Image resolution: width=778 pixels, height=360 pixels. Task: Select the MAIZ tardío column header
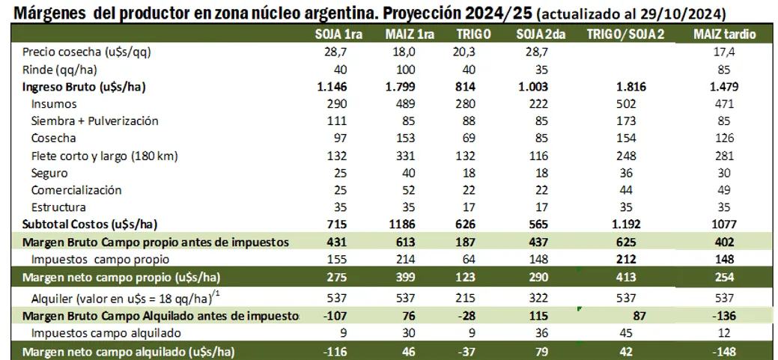[x=724, y=34]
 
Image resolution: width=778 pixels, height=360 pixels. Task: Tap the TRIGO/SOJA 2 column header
[x=624, y=34]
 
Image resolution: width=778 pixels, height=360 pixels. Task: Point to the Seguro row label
[x=49, y=173]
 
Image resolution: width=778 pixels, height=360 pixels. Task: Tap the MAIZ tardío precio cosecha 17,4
[x=724, y=52]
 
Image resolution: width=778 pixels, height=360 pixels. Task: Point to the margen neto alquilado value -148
[x=724, y=351]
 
